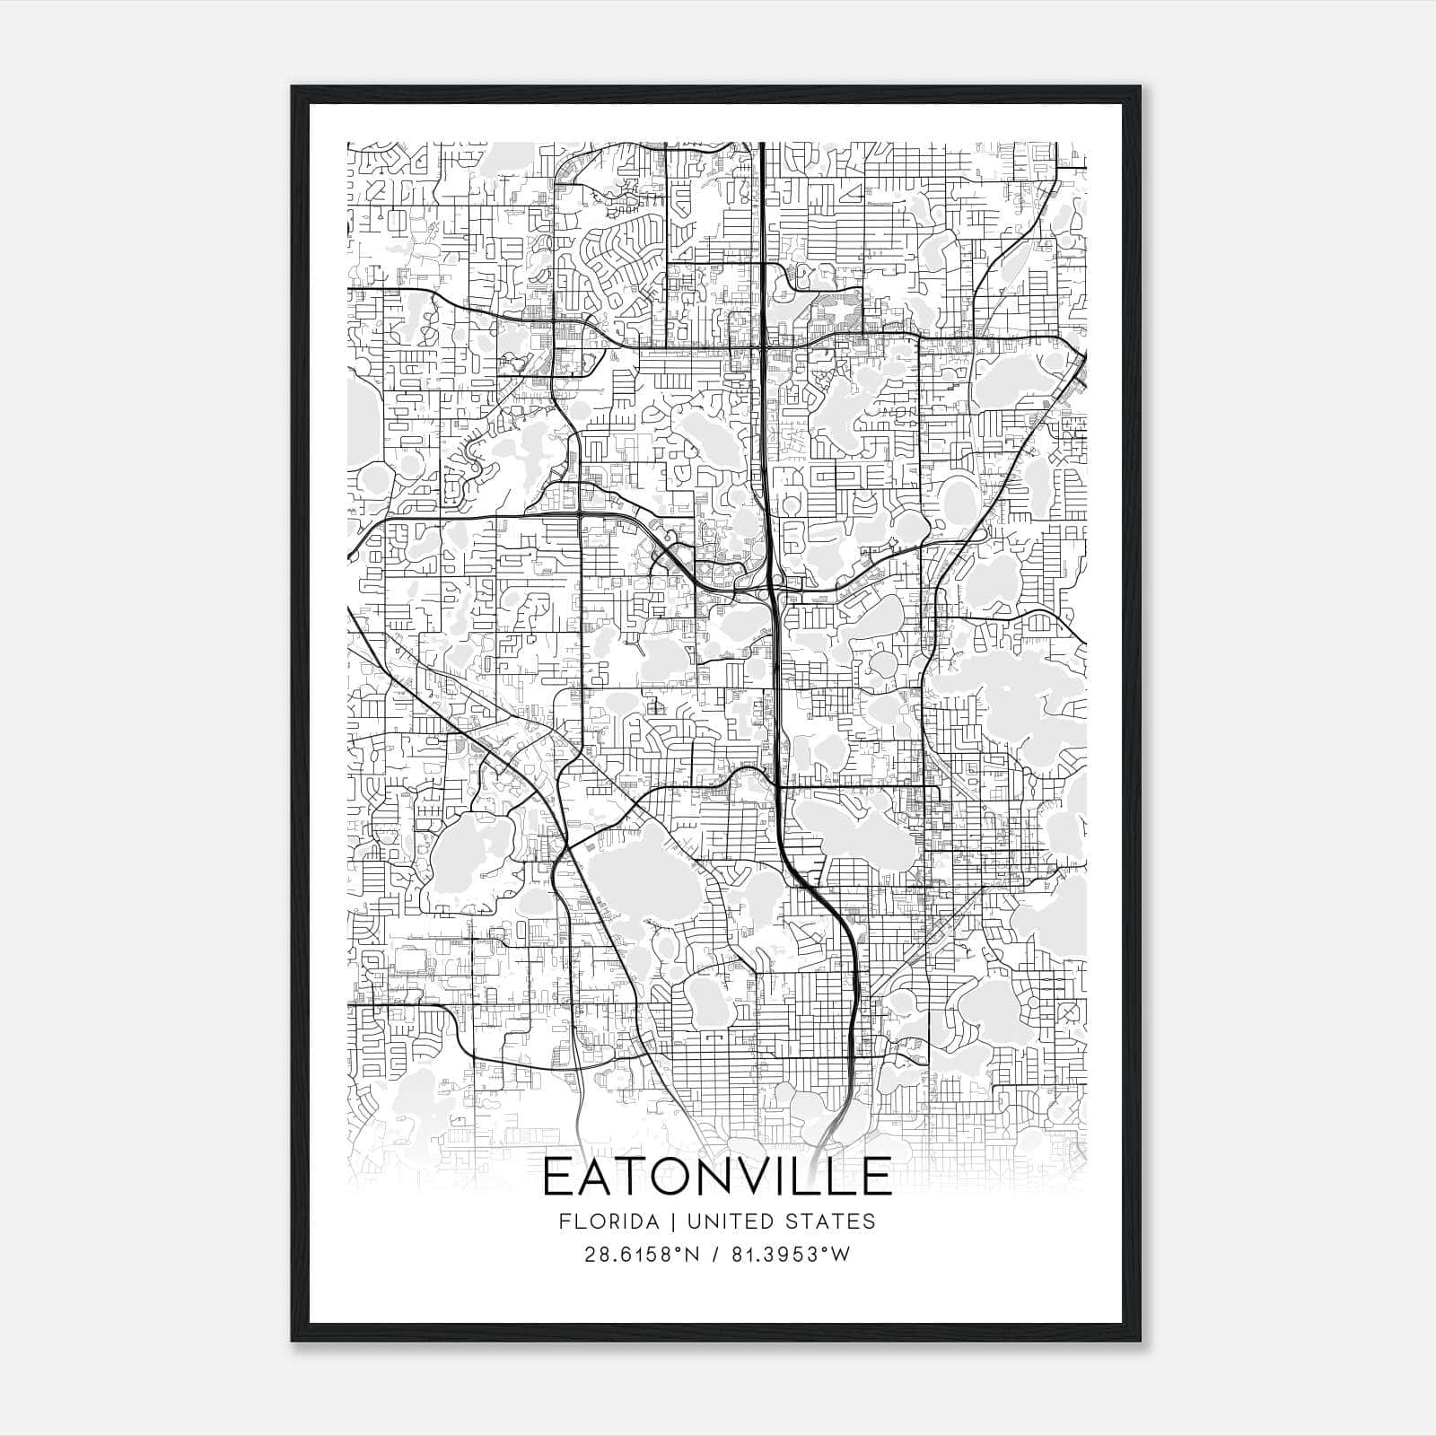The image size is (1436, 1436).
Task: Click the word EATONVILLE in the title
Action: [x=717, y=1177]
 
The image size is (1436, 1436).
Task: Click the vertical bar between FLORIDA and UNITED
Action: [x=660, y=1221]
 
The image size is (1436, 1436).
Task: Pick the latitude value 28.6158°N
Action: [x=639, y=1255]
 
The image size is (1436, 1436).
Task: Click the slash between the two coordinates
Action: [x=714, y=1255]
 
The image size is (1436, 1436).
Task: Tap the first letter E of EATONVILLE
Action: [x=559, y=1177]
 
